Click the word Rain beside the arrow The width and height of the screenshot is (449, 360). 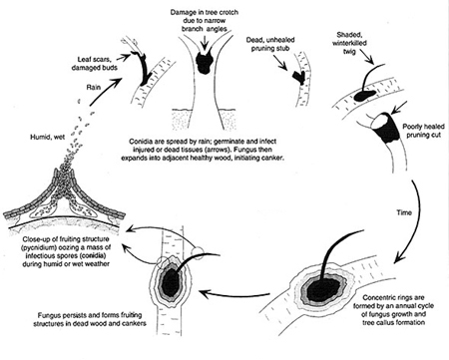pos(94,88)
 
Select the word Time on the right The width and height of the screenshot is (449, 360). pos(404,212)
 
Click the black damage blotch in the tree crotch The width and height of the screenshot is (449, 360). pos(204,62)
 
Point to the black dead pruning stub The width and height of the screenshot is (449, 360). pos(299,77)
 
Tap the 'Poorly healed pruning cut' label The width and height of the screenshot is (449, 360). pos(423,131)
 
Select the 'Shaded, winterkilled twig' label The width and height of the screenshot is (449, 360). pos(349,43)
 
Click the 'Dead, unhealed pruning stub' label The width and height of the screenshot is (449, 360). pos(270,44)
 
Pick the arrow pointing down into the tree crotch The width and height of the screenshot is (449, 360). pos(205,42)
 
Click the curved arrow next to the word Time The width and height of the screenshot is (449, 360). pos(412,219)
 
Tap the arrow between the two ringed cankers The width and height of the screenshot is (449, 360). pos(234,294)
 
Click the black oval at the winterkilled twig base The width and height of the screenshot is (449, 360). pos(365,95)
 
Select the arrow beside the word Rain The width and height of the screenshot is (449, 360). pos(105,92)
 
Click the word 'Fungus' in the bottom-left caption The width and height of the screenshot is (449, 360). pos(48,315)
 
